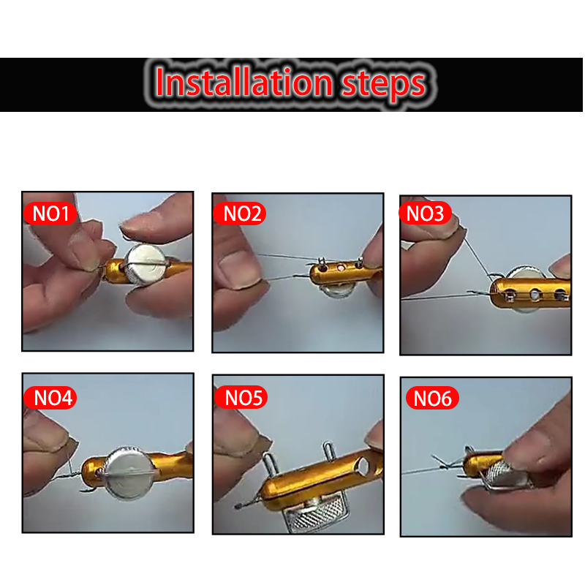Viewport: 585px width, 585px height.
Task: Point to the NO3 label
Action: [x=426, y=213]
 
